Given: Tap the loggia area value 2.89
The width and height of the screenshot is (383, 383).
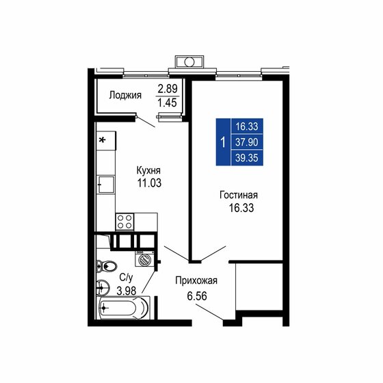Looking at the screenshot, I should point(168,89).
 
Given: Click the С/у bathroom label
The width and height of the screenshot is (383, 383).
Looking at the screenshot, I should point(127,278).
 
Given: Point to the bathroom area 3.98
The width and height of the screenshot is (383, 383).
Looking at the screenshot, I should point(127,290).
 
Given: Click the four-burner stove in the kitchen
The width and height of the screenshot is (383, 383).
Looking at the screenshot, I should point(124,221).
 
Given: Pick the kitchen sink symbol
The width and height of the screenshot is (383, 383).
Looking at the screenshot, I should point(105,183).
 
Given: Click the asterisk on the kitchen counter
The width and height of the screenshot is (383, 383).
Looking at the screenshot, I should point(103,141).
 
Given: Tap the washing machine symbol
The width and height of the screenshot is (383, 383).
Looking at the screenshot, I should point(146,260).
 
